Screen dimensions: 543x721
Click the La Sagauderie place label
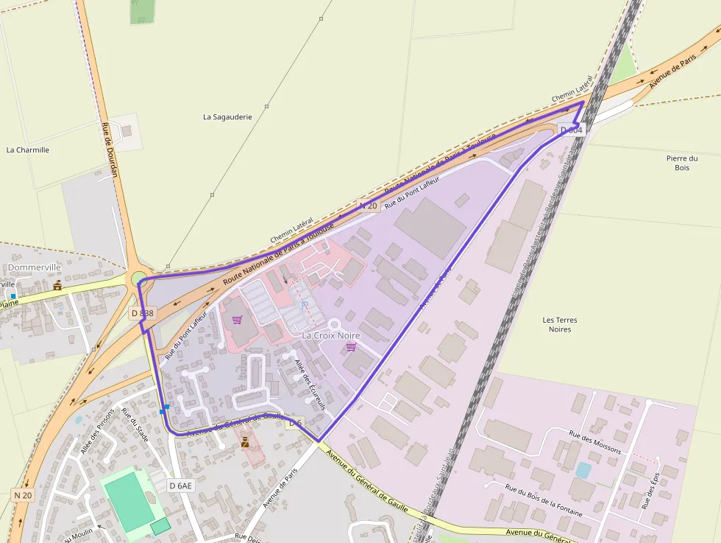[x=227, y=116]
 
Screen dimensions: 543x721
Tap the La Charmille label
[x=28, y=150]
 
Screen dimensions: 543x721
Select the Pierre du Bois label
[x=681, y=163]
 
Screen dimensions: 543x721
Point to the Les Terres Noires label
[x=559, y=324]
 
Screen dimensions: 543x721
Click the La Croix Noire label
[x=331, y=335]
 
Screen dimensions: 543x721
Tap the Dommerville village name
[x=35, y=267]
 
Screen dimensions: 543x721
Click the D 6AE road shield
[x=180, y=486]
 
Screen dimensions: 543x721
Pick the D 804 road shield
[x=571, y=130]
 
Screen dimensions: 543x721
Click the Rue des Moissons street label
[x=595, y=441]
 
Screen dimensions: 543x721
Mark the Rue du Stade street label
[x=135, y=425]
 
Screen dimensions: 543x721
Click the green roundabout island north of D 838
[x=138, y=278]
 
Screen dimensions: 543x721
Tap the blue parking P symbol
[x=304, y=304]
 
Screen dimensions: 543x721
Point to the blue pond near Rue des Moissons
[x=583, y=470]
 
